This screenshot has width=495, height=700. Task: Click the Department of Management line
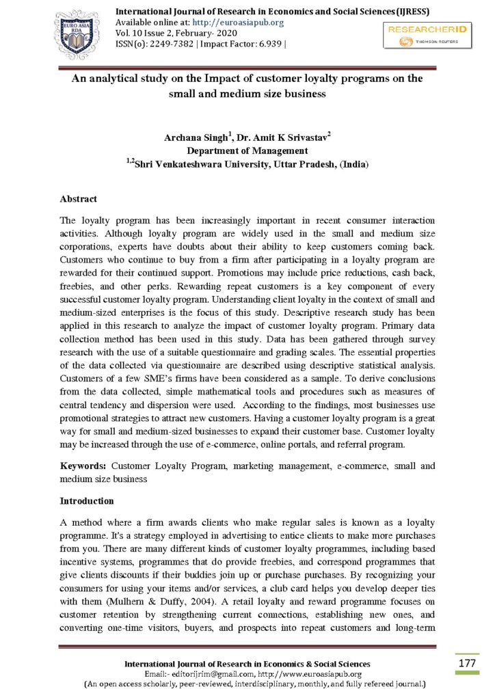(247, 151)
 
